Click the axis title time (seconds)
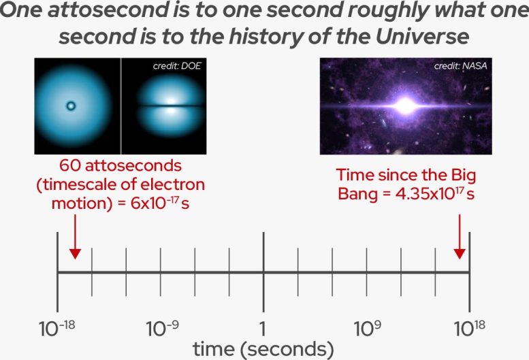263,350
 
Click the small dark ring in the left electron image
70,106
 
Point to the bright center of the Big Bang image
407,105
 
